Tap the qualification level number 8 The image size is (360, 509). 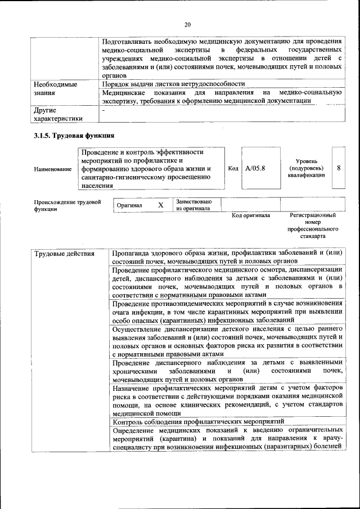coord(338,168)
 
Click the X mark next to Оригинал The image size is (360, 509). coord(160,205)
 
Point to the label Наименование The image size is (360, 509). coord(53,169)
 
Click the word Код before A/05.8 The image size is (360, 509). coord(233,168)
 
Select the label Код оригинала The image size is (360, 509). coord(251,215)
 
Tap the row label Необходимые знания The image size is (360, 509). coord(56,88)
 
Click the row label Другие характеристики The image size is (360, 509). coord(58,114)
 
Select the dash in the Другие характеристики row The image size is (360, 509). coord(103,110)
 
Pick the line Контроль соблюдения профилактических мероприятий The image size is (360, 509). coord(198,422)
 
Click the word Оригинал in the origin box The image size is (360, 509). coord(129,205)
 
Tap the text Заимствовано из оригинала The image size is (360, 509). coord(193,205)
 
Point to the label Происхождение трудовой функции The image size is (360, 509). coord(67,205)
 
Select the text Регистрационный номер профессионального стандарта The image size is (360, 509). coord(312,226)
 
